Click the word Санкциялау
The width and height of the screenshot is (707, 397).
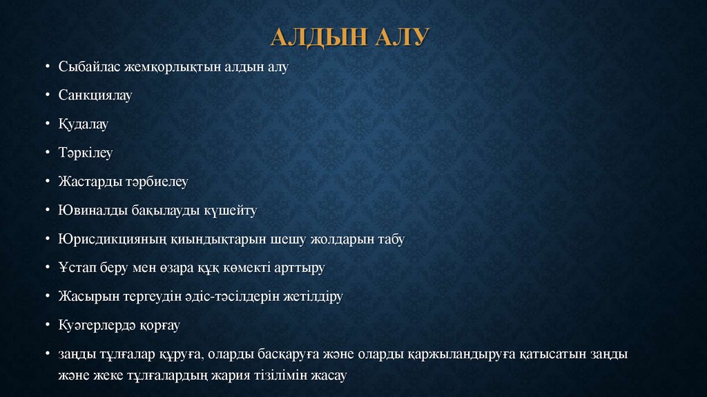tap(95, 95)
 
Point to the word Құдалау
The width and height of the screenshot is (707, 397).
tap(84, 124)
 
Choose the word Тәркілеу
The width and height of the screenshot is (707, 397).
tap(86, 153)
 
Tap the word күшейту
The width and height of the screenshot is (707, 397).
tap(230, 210)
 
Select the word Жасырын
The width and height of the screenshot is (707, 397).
tap(86, 297)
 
